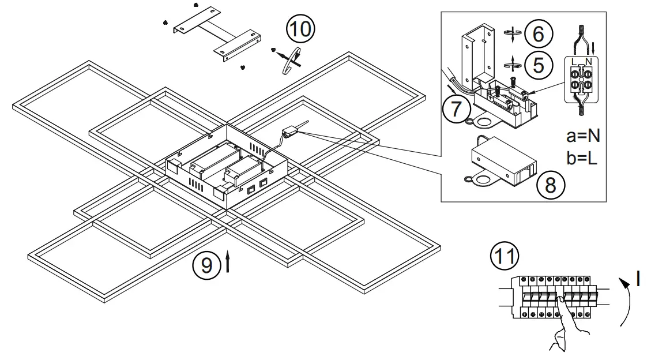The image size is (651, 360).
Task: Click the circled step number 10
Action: point(300,29)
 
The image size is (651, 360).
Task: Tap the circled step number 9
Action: point(206,265)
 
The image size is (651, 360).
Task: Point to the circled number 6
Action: point(537,33)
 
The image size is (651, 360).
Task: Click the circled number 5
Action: point(537,64)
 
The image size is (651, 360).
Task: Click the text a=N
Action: point(583,136)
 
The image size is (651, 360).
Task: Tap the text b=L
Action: point(582,158)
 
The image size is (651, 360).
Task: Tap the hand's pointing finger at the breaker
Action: point(560,302)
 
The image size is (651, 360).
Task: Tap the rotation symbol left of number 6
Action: point(511,34)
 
